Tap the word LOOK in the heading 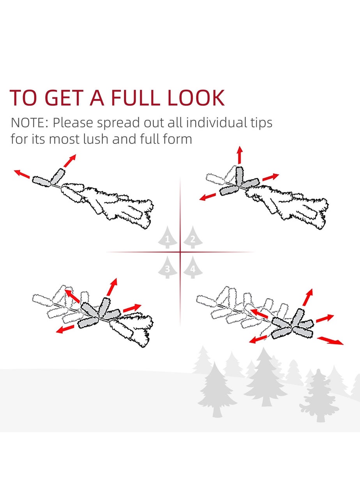click(196, 98)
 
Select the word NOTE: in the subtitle click(30, 123)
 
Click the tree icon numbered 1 click(167, 237)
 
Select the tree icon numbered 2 click(193, 237)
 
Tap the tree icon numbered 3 click(167, 267)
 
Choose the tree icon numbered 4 click(193, 267)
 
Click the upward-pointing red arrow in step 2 click(240, 155)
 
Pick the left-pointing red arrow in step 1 click(22, 174)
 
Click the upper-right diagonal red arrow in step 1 click(70, 161)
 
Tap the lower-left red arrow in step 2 click(208, 197)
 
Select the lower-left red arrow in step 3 click(65, 329)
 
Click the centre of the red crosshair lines click(180, 252)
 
